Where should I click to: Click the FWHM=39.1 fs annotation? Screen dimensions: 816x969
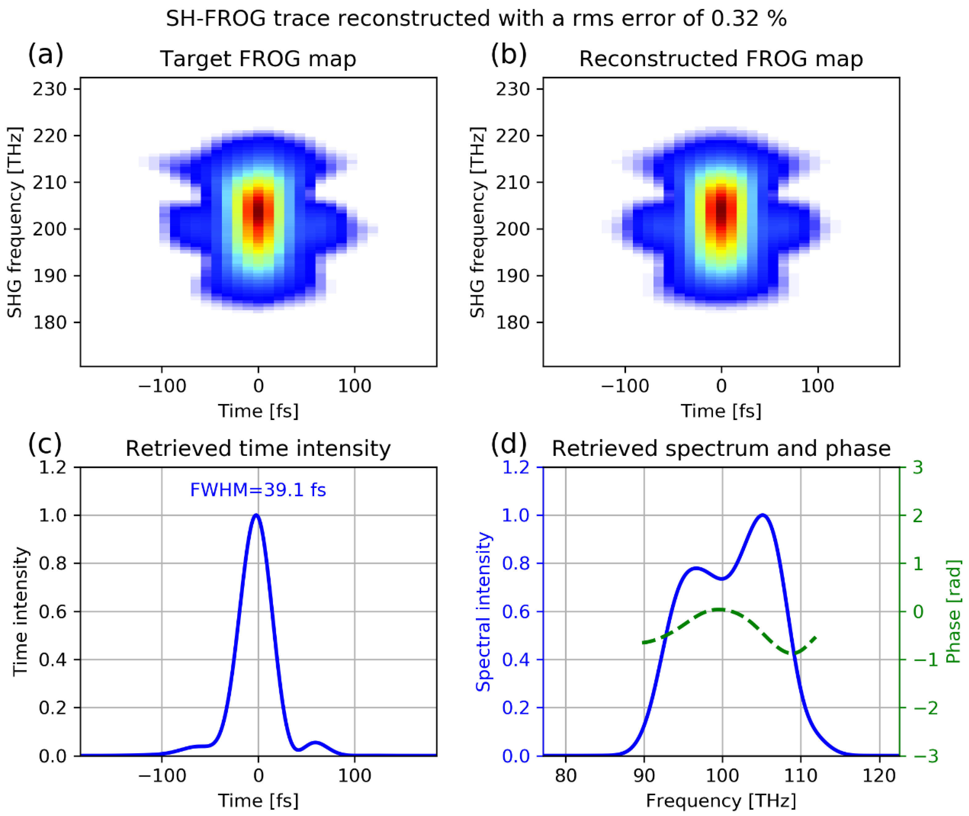[258, 490]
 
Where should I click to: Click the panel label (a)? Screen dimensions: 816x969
[45, 55]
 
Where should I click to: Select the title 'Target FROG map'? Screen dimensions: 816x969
[258, 59]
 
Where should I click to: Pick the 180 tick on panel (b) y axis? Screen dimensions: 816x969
[513, 323]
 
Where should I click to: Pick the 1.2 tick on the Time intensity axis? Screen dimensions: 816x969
[53, 467]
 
